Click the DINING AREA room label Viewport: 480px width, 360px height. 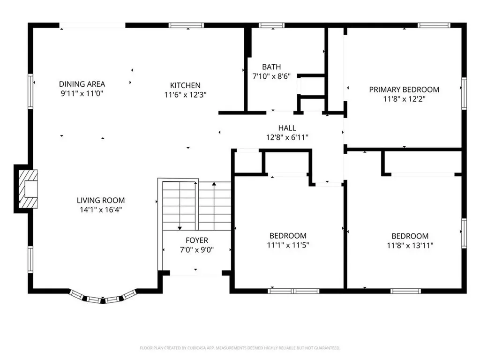pos(82,84)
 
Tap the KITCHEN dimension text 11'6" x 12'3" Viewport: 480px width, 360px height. pos(185,94)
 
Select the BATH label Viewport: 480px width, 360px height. pos(271,67)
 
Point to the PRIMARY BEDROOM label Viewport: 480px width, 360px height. pos(404,89)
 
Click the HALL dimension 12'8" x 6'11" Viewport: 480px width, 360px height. pos(287,137)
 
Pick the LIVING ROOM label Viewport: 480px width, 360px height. pos(101,200)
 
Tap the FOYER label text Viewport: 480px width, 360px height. pos(197,240)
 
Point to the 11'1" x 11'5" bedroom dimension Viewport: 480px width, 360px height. pos(288,245)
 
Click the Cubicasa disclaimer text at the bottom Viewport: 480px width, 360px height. pos(240,348)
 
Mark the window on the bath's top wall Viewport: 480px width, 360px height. pos(272,25)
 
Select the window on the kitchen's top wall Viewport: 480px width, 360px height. pos(183,25)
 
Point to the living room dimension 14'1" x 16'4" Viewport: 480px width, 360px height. pos(101,210)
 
